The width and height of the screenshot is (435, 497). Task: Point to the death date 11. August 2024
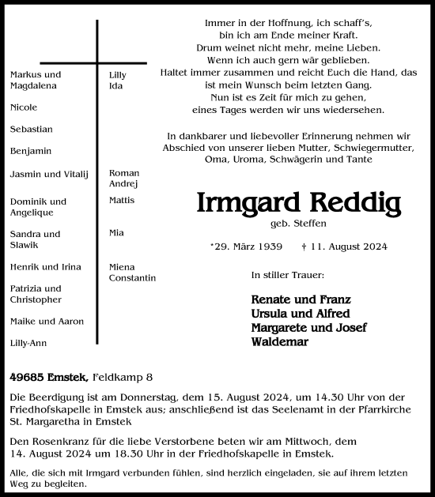[x=344, y=247]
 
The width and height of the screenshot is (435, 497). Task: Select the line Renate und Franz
[x=301, y=299]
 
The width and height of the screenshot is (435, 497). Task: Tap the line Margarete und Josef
[x=308, y=328]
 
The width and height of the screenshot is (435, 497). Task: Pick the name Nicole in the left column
[x=24, y=107]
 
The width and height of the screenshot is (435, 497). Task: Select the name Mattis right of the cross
[x=122, y=201]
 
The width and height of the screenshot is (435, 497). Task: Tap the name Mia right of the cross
[x=116, y=233]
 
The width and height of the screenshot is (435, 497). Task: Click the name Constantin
[x=132, y=278]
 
